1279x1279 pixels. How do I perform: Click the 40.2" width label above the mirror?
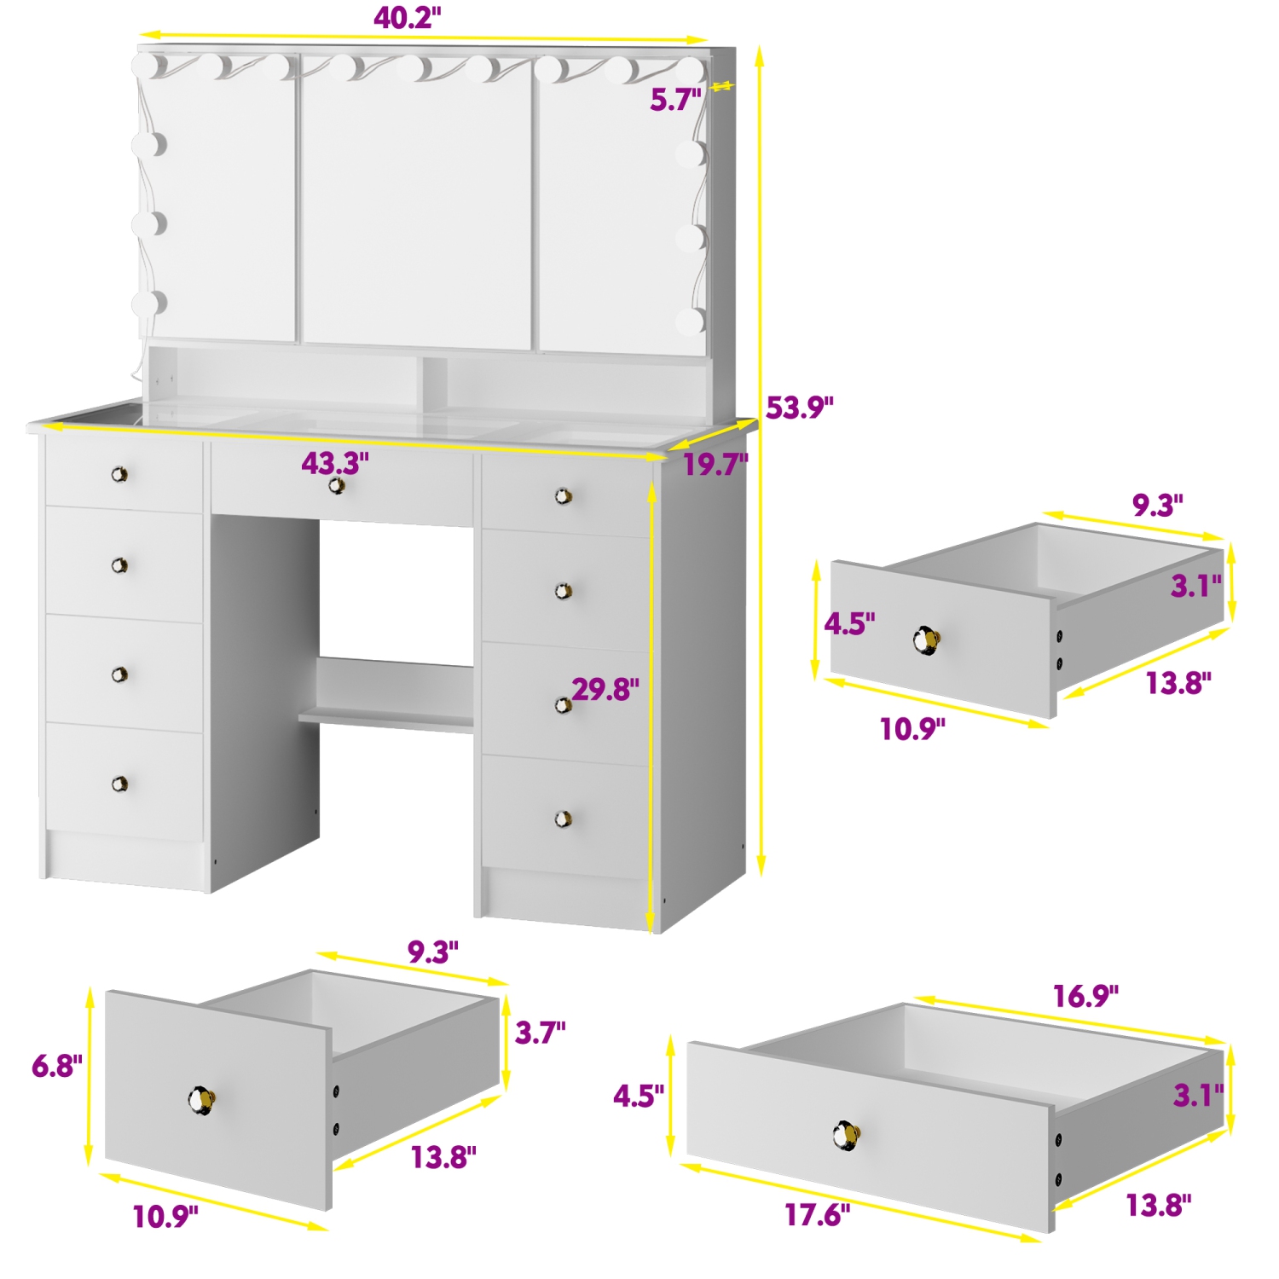tap(407, 18)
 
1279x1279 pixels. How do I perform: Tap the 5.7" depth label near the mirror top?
tap(674, 100)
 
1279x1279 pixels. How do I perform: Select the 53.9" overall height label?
tap(799, 408)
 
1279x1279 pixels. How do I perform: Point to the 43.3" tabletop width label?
tap(335, 463)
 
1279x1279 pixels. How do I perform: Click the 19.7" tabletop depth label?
tap(715, 465)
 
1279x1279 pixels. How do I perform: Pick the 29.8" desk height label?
tap(605, 689)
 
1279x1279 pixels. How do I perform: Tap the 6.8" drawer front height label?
tap(57, 1066)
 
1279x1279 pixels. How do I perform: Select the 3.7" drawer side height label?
tap(540, 1033)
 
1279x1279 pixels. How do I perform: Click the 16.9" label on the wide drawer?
tap(1085, 996)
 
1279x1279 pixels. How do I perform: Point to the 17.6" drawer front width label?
tap(817, 1215)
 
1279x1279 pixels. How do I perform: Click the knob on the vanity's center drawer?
tap(338, 486)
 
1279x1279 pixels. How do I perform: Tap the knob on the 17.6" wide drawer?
tap(846, 1135)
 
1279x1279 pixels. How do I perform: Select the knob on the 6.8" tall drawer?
tap(202, 1100)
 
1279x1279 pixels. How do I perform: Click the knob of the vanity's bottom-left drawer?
tap(119, 784)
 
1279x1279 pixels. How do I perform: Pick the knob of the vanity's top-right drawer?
tap(563, 496)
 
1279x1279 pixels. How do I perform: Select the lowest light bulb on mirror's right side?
tap(691, 321)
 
